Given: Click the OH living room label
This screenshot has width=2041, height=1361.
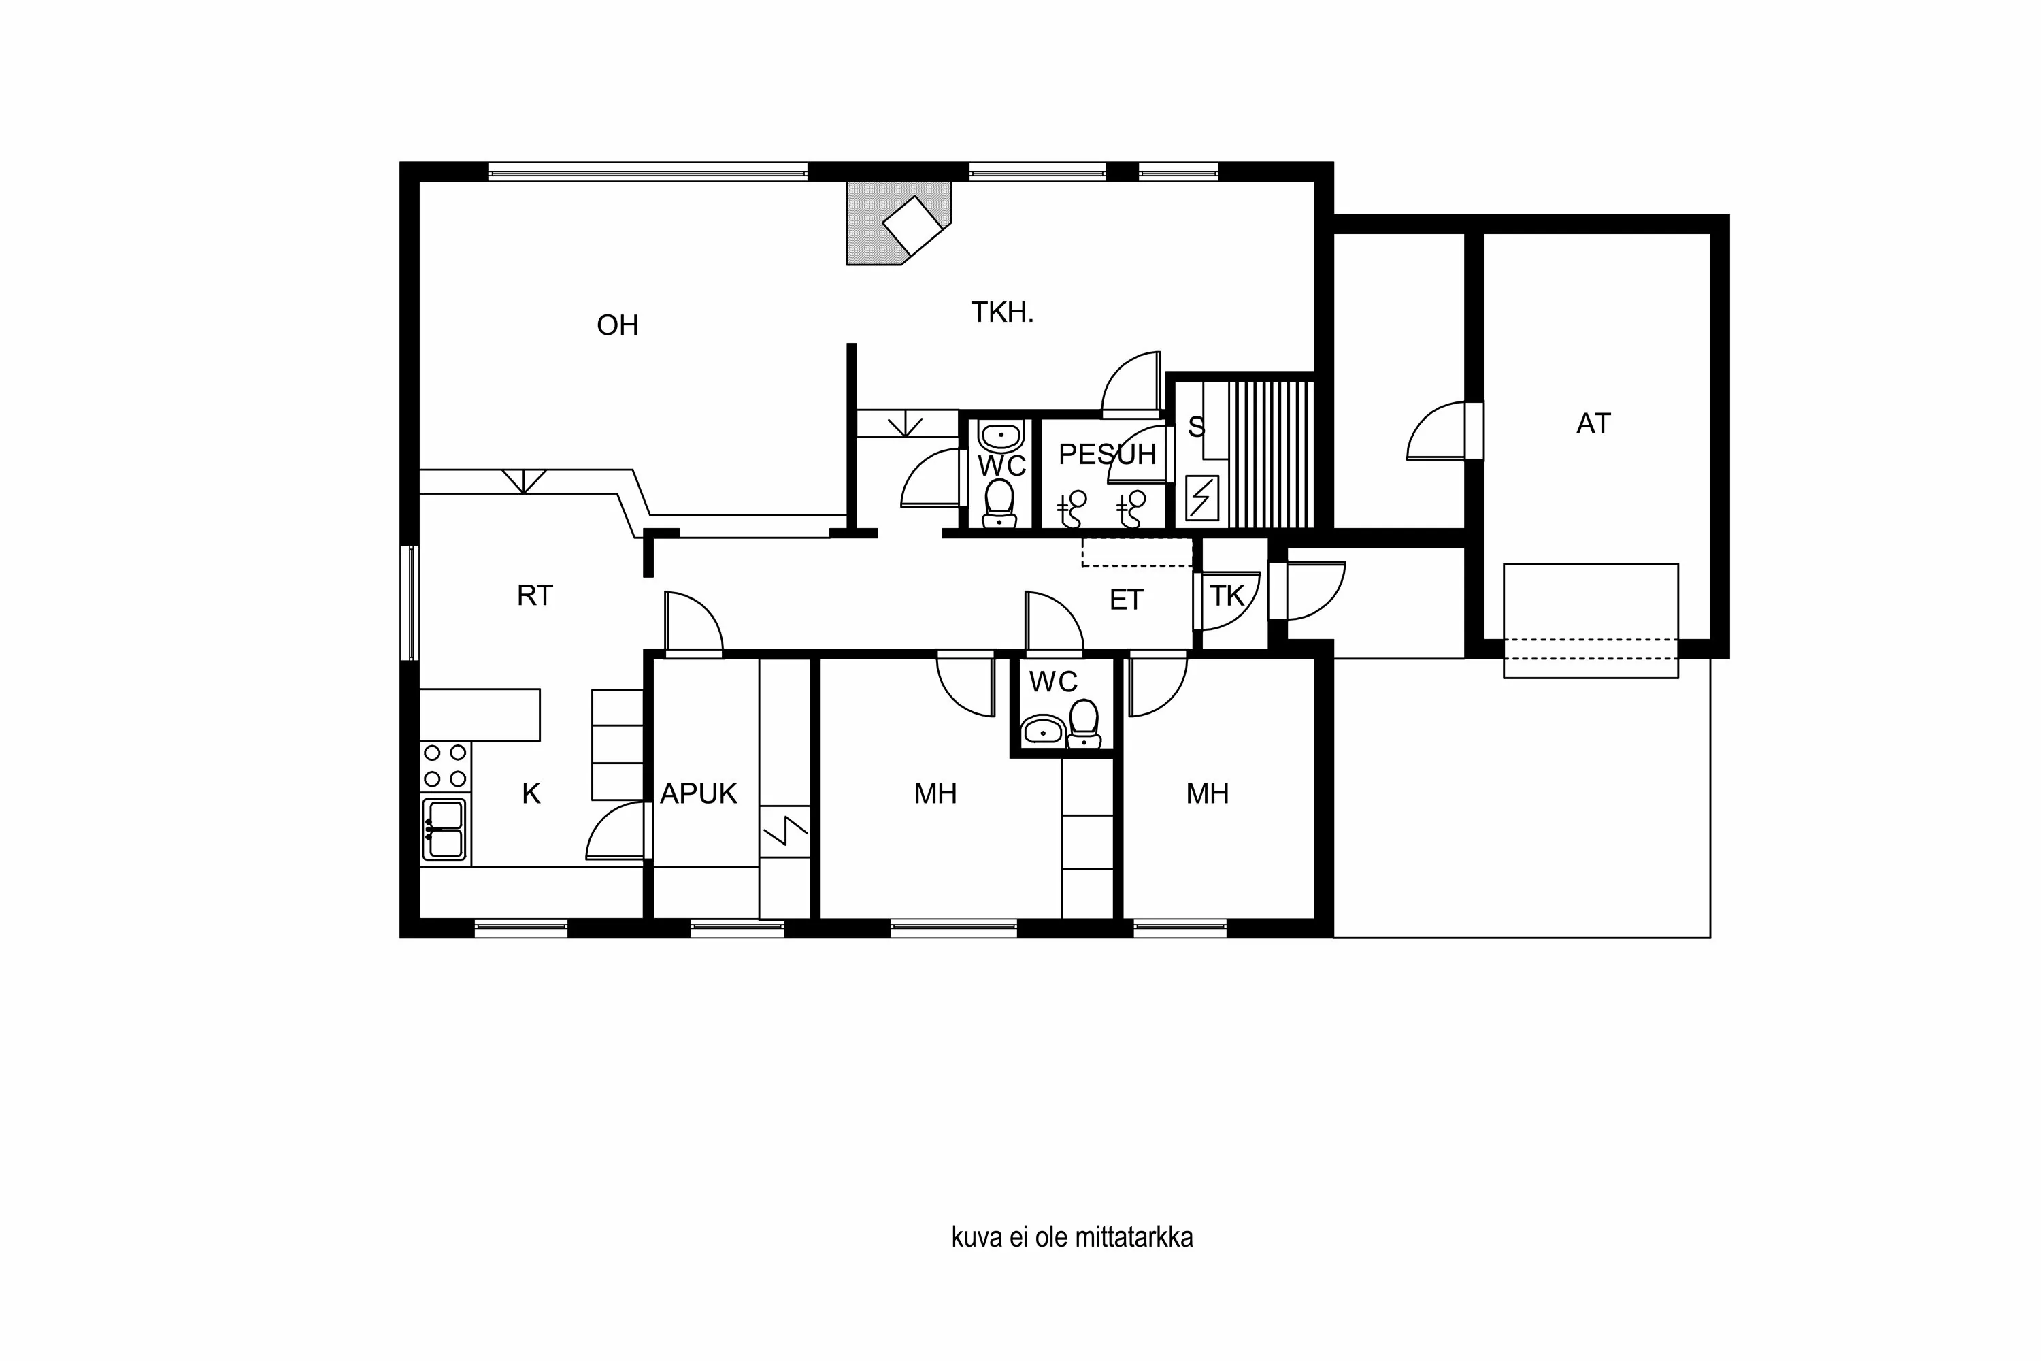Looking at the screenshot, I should click(x=617, y=325).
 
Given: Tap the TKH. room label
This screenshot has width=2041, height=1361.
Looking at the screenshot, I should click(x=1002, y=312).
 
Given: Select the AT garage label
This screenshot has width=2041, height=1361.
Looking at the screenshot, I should click(x=1593, y=423).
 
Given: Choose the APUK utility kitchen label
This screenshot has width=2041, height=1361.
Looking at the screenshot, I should click(x=699, y=793).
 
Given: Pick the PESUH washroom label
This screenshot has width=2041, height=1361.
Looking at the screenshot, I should click(x=1108, y=454).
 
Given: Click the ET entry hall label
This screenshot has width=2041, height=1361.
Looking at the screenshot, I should click(x=1127, y=600).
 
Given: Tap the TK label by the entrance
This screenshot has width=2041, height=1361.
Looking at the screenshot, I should click(x=1227, y=596).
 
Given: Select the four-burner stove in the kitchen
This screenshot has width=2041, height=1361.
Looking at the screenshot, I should click(x=445, y=766).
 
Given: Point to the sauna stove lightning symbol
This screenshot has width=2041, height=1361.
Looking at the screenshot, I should click(x=1202, y=497).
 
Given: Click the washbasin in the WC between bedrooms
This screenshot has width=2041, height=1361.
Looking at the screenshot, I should click(x=1042, y=731).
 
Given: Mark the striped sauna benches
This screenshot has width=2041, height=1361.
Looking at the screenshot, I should click(x=1270, y=453).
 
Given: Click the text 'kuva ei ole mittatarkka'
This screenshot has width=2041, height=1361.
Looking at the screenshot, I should click(x=1072, y=1237).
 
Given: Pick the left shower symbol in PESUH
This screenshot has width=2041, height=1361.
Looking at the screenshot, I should click(x=1073, y=508).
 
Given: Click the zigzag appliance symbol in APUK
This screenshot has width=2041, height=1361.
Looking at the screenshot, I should click(x=785, y=831).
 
